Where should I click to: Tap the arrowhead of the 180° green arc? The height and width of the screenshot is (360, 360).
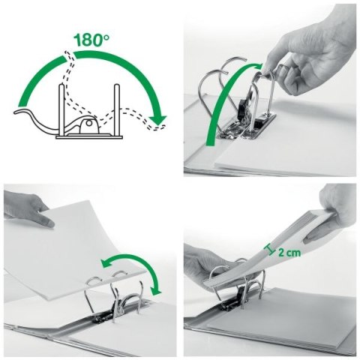[155, 119]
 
